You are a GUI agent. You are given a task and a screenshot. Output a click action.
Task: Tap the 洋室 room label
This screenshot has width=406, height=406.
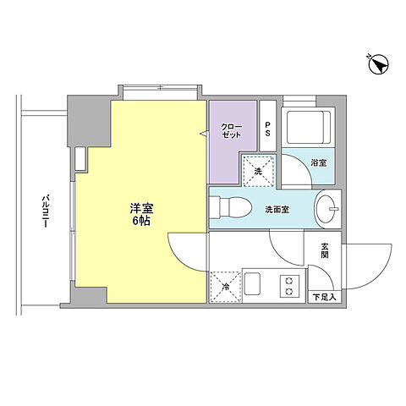(x=141, y=208)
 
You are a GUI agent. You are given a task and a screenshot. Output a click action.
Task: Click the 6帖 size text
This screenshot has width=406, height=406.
(x=141, y=221)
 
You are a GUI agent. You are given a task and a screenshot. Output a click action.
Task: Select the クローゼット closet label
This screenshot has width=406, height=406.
(x=233, y=131)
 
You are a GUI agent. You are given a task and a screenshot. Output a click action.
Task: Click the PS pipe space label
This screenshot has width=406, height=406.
(x=267, y=130)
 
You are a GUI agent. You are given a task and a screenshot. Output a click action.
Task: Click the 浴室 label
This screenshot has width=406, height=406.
(x=319, y=162)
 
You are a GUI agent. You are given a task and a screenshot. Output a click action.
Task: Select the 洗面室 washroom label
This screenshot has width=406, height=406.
(x=277, y=209)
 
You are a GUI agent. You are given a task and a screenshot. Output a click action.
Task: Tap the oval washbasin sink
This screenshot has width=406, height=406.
(x=326, y=207)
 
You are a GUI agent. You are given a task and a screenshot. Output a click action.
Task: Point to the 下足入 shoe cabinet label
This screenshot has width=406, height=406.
(x=325, y=296)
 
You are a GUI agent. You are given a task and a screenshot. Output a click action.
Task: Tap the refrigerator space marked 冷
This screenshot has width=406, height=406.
(x=226, y=286)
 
